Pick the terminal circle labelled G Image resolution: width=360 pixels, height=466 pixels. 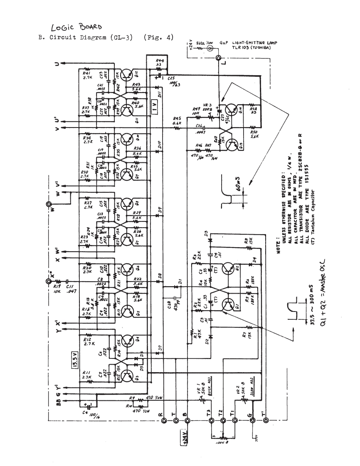click(252, 421)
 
